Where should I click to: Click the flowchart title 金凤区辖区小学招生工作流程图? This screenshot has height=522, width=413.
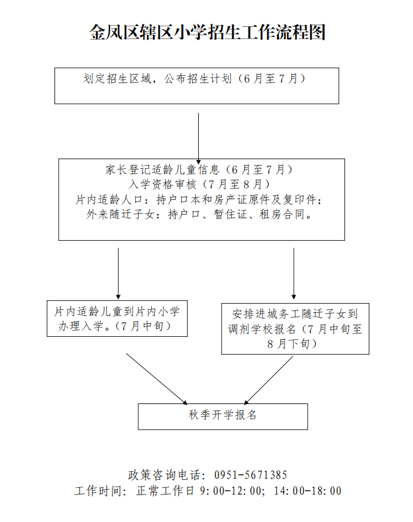(207, 32)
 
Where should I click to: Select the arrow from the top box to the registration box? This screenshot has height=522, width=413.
(198, 139)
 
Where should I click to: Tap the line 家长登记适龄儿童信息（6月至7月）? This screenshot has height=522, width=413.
(199, 170)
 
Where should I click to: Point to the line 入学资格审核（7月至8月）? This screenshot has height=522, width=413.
(199, 184)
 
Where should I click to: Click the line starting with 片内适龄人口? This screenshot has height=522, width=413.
(199, 199)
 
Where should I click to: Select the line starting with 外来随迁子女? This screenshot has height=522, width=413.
(199, 214)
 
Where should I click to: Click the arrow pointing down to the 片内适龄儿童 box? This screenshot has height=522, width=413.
(118, 273)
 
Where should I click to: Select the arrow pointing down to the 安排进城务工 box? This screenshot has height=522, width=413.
(294, 273)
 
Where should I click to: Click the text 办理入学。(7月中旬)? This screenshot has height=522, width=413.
(115, 326)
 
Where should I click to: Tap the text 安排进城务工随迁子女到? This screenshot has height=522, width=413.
(295, 314)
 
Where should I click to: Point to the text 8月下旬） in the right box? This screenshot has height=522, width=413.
(292, 344)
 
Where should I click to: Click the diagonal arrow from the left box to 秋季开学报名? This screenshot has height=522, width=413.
(157, 379)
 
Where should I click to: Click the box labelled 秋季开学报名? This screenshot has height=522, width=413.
(223, 416)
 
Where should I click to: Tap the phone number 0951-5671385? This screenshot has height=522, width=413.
(251, 475)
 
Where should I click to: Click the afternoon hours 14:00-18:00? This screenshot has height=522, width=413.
(308, 491)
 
